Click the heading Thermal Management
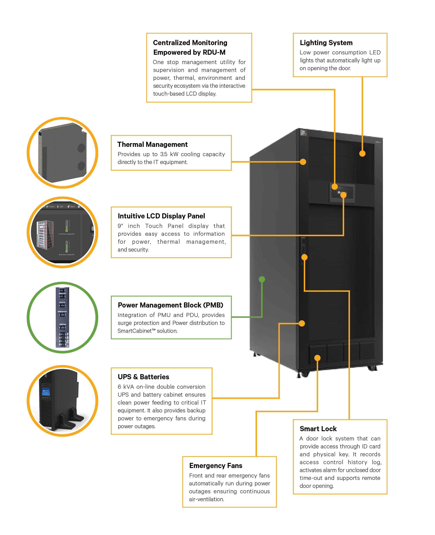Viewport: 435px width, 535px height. point(152,145)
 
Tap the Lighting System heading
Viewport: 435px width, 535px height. point(326,43)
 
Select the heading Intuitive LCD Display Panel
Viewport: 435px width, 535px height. point(161,216)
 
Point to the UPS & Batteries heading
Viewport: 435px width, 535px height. point(143,377)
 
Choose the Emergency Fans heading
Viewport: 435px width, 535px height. point(216,466)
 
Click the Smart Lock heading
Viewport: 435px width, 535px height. point(318,429)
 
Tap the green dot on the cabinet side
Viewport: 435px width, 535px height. point(262,279)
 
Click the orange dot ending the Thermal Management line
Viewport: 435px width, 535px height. point(303,162)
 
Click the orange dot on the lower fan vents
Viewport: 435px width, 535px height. point(317,358)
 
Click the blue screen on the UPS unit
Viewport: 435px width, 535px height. point(46,392)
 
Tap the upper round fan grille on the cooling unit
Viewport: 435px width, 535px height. point(81,148)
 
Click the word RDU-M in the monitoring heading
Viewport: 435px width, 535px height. point(214,52)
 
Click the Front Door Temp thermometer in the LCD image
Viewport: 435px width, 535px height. point(67,226)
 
